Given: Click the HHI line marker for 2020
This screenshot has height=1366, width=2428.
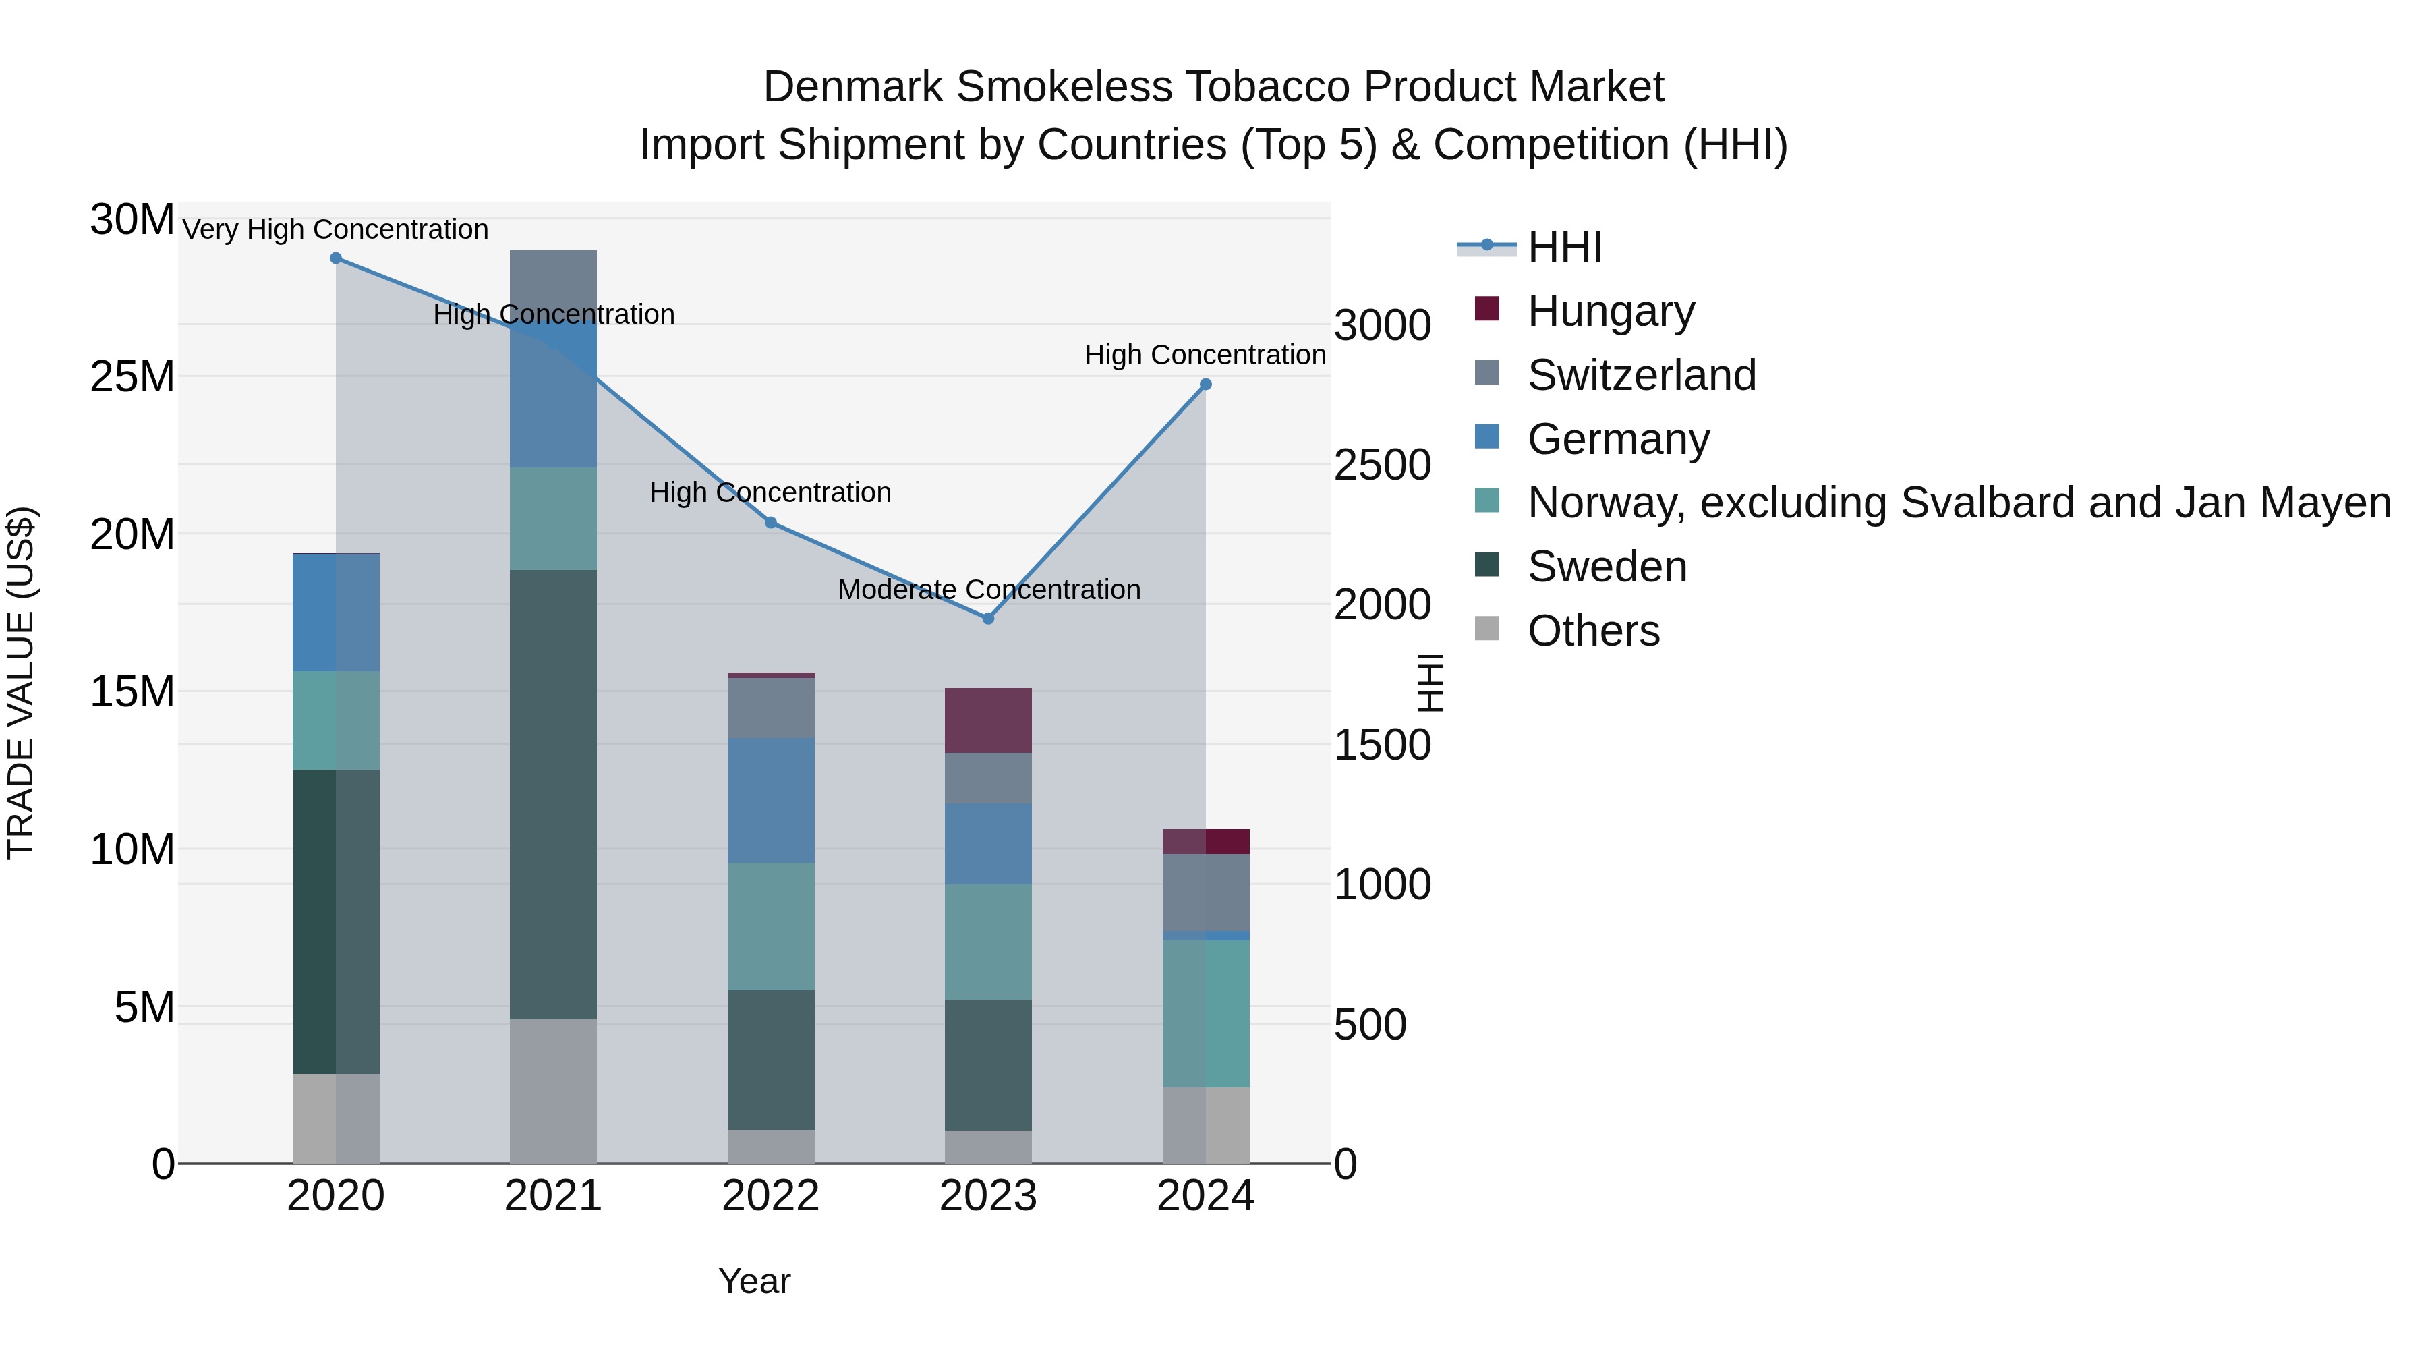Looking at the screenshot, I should pyautogui.click(x=336, y=258).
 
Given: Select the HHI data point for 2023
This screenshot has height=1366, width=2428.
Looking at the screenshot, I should pyautogui.click(x=988, y=619).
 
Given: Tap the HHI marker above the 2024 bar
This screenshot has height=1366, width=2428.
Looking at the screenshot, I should pyautogui.click(x=1205, y=385).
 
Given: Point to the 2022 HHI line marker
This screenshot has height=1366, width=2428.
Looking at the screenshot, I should pyautogui.click(x=770, y=522).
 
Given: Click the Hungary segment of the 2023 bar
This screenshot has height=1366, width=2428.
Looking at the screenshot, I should pyautogui.click(x=988, y=720).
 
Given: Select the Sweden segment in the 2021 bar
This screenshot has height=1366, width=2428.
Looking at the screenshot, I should pyautogui.click(x=553, y=794).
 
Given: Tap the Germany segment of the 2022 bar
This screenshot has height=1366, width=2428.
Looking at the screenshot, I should pyautogui.click(x=770, y=800).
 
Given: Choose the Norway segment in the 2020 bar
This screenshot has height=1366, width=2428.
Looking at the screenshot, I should pyautogui.click(x=336, y=720).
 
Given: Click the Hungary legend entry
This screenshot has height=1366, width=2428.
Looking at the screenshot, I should pyautogui.click(x=1610, y=311).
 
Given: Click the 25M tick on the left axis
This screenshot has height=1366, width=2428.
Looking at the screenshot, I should pyautogui.click(x=132, y=377).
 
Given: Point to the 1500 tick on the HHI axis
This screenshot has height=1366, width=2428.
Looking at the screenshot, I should pyautogui.click(x=1382, y=745).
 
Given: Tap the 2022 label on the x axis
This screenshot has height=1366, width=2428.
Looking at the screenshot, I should pyautogui.click(x=770, y=1196).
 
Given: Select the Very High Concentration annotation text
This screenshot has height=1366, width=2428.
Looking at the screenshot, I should pyautogui.click(x=336, y=230).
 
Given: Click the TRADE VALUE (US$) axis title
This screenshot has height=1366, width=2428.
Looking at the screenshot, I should pyautogui.click(x=21, y=683).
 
